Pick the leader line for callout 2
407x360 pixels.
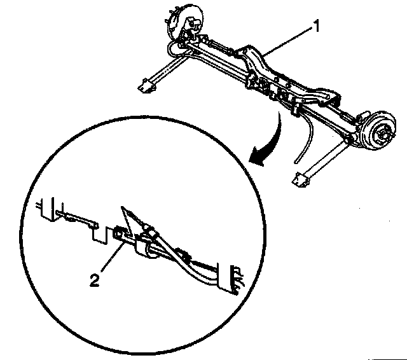[x=109, y=258]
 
